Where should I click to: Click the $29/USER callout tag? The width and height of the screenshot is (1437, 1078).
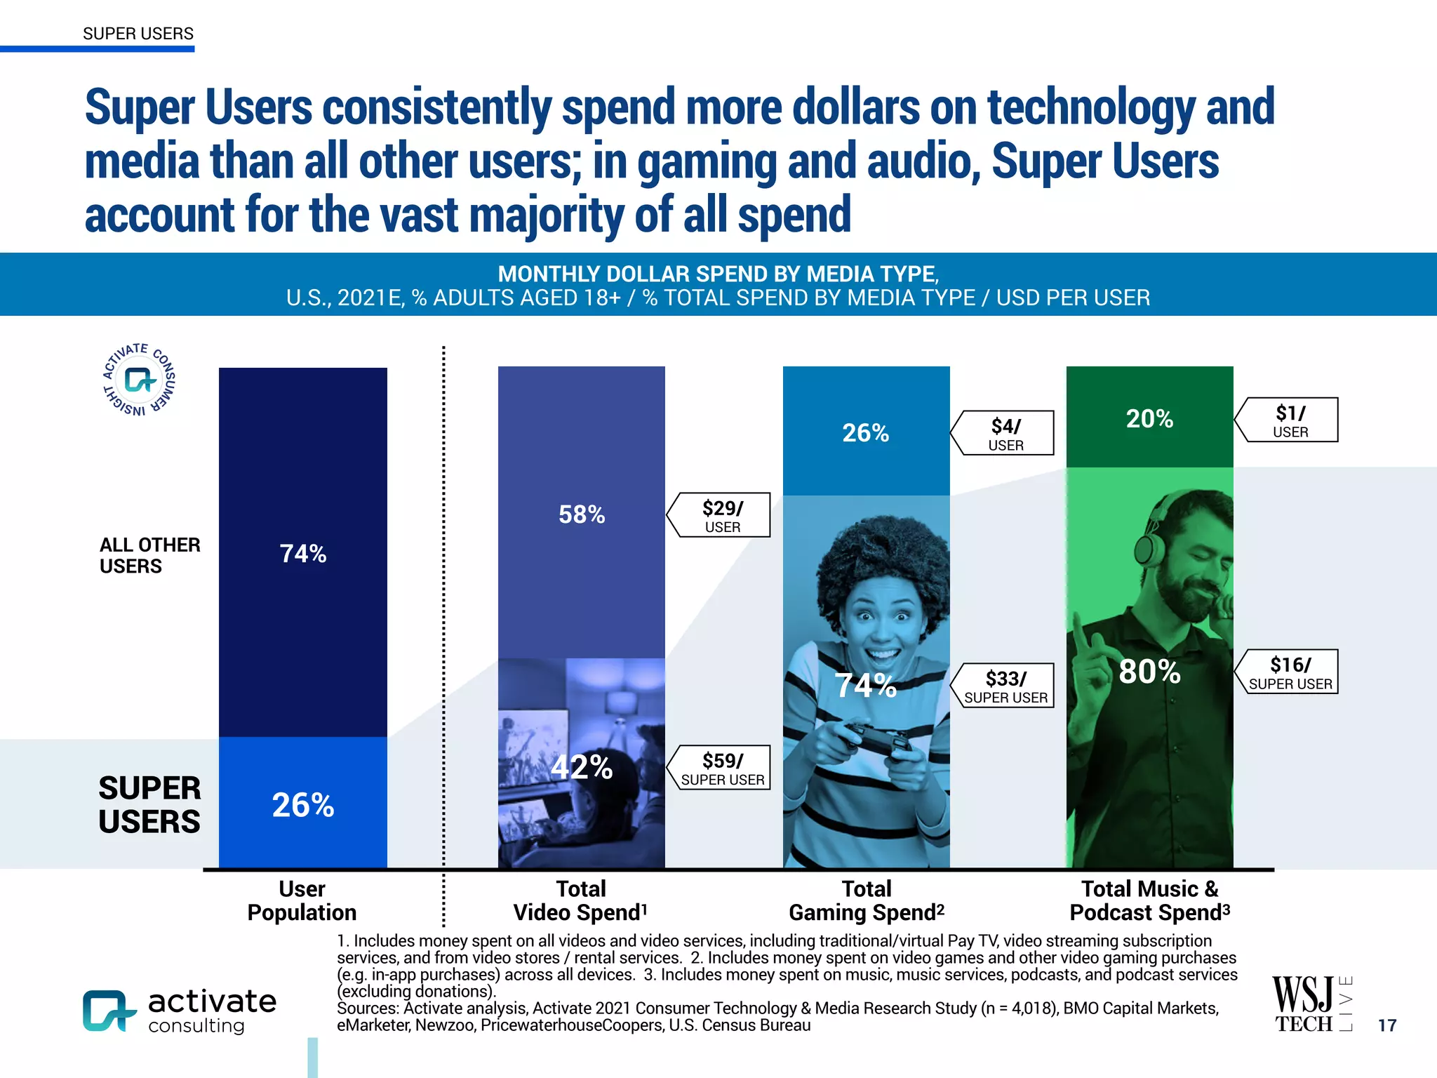tap(720, 515)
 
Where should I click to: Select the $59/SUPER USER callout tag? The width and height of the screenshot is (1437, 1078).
tap(720, 768)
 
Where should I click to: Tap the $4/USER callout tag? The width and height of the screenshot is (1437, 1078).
tap(1004, 433)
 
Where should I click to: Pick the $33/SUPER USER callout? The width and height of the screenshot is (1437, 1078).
tap(1004, 686)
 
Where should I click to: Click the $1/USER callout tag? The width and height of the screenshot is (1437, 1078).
tap(1288, 420)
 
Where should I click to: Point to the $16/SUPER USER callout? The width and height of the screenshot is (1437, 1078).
tap(1288, 672)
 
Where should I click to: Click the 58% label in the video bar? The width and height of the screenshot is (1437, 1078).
tap(582, 514)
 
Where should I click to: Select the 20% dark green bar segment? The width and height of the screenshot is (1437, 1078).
tap(1149, 418)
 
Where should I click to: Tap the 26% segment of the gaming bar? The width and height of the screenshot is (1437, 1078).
tap(866, 432)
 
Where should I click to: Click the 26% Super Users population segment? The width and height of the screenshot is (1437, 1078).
tap(302, 804)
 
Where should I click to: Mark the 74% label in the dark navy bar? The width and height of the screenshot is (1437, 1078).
tap(302, 554)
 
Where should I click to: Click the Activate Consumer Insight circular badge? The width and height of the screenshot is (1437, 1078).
tap(139, 380)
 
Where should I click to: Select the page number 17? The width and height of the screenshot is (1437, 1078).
tap(1386, 1025)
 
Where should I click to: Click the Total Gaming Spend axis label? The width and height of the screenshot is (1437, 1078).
tap(866, 900)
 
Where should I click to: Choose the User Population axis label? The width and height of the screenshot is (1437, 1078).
tap(302, 900)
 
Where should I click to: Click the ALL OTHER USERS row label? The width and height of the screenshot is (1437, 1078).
tap(149, 555)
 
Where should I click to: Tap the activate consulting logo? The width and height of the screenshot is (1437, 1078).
tap(180, 1011)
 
